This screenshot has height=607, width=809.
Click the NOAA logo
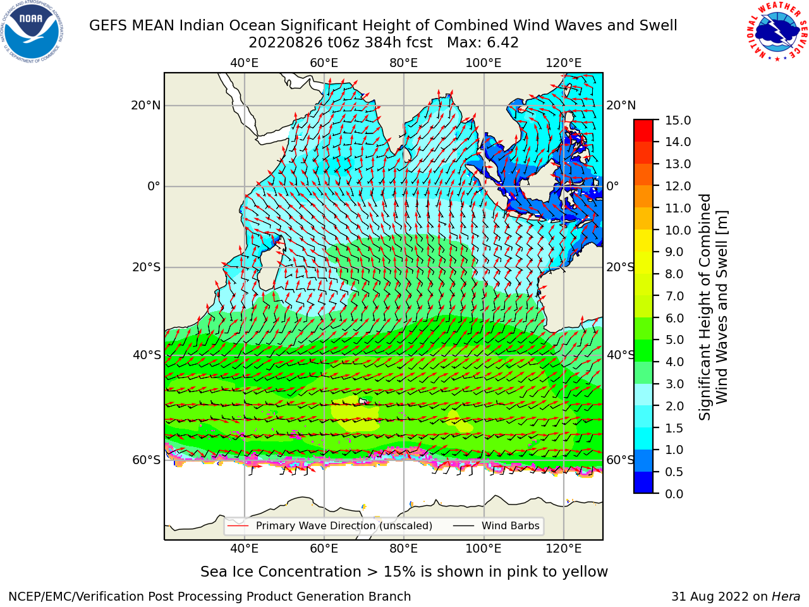32,32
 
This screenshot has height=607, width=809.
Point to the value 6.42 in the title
502,43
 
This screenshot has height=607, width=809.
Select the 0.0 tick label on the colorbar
674,493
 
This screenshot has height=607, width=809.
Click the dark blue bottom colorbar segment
643,482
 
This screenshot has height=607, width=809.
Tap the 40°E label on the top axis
245,63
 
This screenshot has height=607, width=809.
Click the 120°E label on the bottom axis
564,548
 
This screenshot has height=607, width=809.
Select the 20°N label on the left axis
146,106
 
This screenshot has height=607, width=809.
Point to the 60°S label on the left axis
147,460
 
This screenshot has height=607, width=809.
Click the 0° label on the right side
612,186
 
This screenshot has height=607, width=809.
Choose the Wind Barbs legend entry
496,525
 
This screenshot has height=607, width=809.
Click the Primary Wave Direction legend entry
330,525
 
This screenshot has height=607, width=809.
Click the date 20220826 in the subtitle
286,43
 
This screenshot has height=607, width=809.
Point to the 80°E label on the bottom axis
404,548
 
